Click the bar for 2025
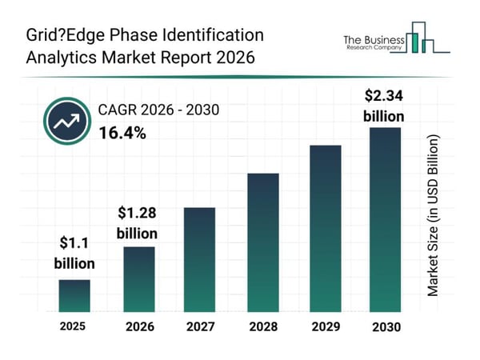(x=74, y=295)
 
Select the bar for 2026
(x=138, y=278)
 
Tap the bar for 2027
(x=200, y=259)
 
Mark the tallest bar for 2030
(x=385, y=219)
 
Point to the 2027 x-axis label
(x=200, y=326)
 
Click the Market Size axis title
(x=433, y=216)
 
